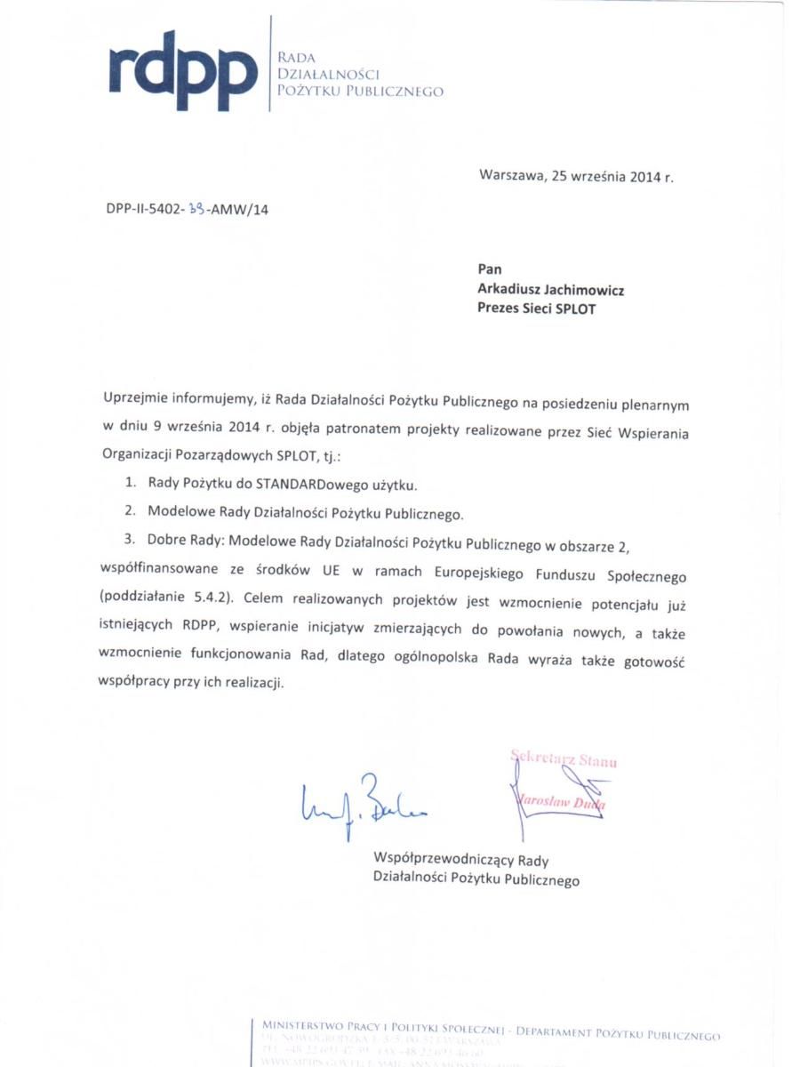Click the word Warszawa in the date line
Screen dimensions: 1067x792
click(x=510, y=175)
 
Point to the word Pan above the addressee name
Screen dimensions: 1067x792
click(x=490, y=269)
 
